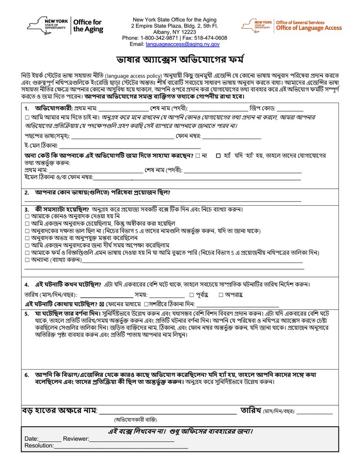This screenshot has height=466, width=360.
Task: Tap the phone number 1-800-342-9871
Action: tap(157, 38)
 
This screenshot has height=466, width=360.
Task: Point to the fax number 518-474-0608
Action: tap(211, 38)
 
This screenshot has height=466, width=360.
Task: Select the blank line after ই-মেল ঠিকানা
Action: tap(130, 146)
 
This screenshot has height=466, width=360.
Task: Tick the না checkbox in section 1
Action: tap(198, 155)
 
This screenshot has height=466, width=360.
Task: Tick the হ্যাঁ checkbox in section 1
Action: tap(218, 155)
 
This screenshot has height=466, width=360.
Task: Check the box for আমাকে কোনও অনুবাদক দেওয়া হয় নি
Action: tap(27, 217)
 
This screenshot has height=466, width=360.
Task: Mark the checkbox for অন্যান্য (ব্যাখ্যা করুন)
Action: tap(27, 260)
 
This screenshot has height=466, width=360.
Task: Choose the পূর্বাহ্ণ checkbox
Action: tap(192, 294)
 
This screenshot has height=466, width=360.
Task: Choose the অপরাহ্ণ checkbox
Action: tap(221, 294)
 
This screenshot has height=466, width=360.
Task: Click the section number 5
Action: tap(27, 313)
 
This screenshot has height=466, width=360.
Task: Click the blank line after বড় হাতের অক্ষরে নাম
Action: tap(167, 411)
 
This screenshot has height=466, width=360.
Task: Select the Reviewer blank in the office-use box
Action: tap(131, 439)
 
